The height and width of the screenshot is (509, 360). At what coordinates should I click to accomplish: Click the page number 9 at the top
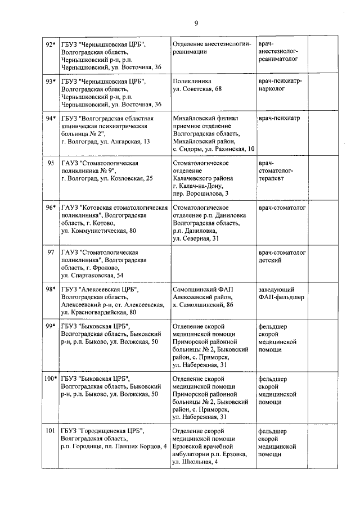click(x=196, y=22)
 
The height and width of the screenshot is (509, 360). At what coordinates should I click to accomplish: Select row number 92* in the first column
click(x=51, y=44)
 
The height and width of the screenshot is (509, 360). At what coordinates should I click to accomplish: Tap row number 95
click(x=51, y=163)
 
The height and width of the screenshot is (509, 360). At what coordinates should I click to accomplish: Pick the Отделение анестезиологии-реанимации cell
click(x=211, y=48)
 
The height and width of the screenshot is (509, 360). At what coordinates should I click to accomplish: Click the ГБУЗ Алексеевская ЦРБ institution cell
click(x=115, y=301)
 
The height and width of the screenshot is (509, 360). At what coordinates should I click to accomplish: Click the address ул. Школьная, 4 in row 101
click(x=195, y=462)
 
